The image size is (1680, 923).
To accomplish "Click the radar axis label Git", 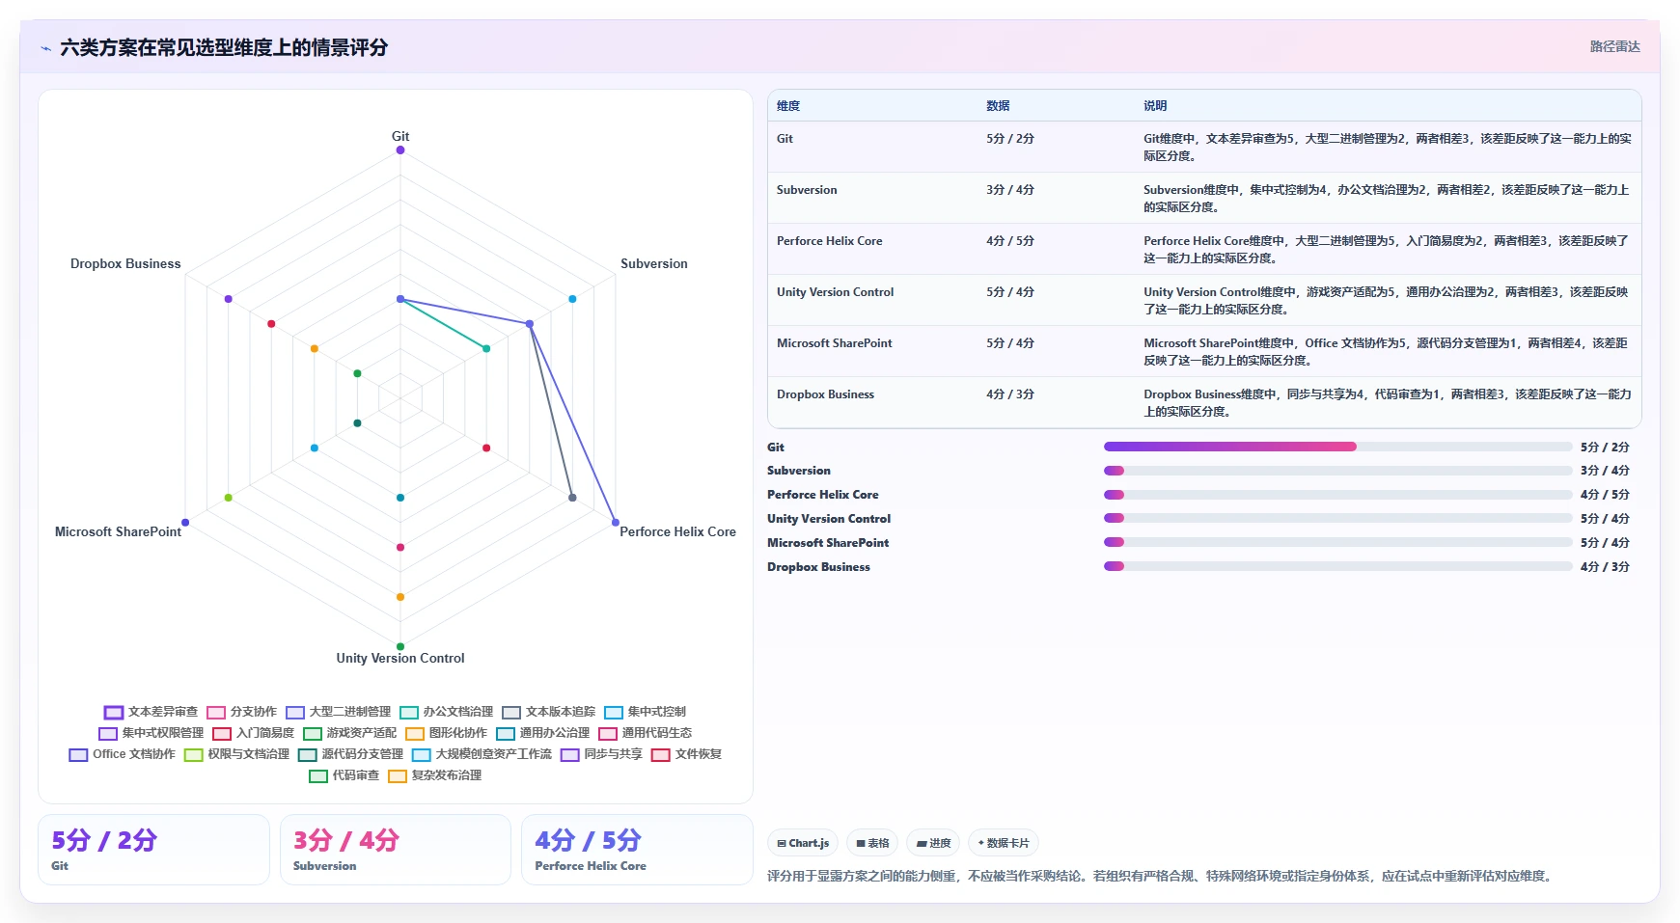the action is pos(400,136).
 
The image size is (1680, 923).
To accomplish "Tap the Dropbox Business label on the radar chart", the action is pos(125,263).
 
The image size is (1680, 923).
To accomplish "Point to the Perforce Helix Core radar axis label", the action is pos(677,531).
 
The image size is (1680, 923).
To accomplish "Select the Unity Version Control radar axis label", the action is pos(400,658).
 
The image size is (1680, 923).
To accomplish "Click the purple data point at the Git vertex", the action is pos(400,149).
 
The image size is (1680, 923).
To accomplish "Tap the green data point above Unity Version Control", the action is pos(400,646).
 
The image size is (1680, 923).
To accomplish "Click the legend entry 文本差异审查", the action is pos(151,712).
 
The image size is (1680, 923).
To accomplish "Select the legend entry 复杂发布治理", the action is pos(435,775).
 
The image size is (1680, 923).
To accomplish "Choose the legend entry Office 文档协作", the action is pos(123,754).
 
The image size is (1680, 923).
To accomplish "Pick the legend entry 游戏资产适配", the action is pos(350,733).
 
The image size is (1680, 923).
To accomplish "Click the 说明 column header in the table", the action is pos(1155,106).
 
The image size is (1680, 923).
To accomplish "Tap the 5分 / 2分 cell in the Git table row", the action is pos(1010,139).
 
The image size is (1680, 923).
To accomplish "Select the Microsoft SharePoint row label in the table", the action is pos(835,343).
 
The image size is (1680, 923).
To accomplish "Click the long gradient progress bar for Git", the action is pos(1230,447).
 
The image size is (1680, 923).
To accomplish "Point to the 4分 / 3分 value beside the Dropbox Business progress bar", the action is pos(1605,567).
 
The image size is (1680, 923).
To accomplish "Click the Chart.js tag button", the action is pos(803,843).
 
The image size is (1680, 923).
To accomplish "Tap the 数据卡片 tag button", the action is pos(1004,843).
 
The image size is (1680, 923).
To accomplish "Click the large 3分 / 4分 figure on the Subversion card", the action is pos(345,840).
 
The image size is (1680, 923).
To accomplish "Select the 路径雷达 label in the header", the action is pos(1615,46).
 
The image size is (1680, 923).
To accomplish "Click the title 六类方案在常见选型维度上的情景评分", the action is pos(224,47).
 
